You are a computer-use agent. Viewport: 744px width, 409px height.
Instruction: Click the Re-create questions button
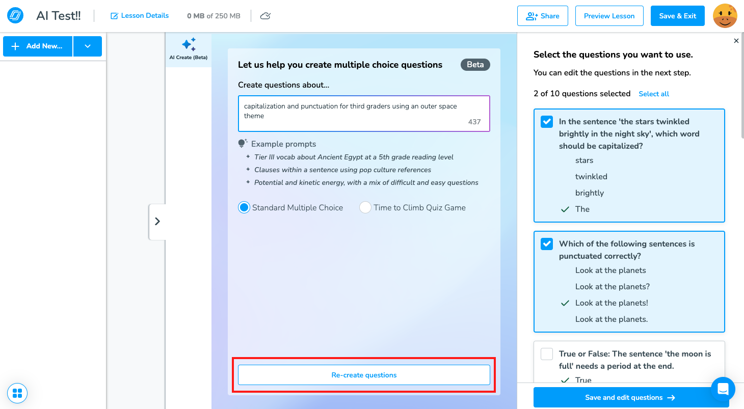(x=364, y=375)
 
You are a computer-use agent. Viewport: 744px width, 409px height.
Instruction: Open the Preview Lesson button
(x=609, y=16)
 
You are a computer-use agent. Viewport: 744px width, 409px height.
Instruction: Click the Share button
(x=542, y=16)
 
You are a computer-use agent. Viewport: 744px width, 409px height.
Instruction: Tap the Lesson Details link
(x=140, y=16)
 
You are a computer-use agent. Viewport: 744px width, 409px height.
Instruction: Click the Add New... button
(x=38, y=46)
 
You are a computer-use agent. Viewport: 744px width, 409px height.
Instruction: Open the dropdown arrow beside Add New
(x=88, y=46)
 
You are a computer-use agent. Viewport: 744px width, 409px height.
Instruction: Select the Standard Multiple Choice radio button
(x=244, y=207)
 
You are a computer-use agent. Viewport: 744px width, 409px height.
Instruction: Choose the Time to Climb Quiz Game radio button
(x=365, y=207)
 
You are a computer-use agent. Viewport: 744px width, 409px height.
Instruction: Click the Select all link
(x=654, y=94)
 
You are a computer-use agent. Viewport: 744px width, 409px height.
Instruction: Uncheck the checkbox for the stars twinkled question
(x=547, y=122)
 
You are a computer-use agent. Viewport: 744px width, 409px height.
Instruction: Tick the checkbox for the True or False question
(x=547, y=354)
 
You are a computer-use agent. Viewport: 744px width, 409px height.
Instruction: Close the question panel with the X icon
(x=736, y=41)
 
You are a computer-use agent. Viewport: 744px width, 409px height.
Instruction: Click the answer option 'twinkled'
(x=591, y=177)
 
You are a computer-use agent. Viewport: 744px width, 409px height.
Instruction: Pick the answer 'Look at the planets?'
(x=613, y=286)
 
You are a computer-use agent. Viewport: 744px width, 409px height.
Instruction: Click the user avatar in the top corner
(x=725, y=16)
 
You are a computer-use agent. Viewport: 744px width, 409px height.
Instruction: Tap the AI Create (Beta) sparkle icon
(x=189, y=44)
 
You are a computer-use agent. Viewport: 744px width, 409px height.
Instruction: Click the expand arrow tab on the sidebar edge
(x=157, y=222)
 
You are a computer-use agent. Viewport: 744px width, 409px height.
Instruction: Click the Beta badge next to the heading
(x=475, y=65)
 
